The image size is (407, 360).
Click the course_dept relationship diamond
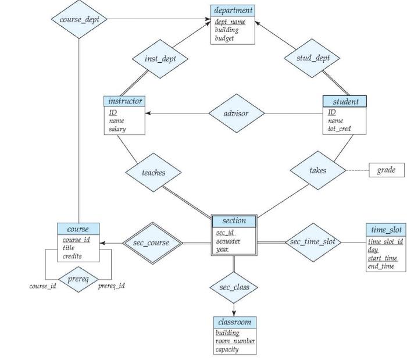coord(80,19)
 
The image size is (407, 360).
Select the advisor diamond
coord(235,113)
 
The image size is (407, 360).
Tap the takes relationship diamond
coord(317,170)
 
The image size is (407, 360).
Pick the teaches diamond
coord(153,173)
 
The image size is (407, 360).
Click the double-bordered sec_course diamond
coord(151,243)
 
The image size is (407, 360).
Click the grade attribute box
coord(386,170)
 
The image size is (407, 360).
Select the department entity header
coord(233,10)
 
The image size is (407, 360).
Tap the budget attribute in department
coord(224,38)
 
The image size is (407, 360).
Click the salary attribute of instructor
coord(117,129)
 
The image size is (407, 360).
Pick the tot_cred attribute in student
coord(340,129)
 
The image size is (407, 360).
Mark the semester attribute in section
coord(228,241)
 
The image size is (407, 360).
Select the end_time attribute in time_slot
coord(381,266)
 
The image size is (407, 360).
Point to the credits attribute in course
coord(72,256)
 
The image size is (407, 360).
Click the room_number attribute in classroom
coord(235,341)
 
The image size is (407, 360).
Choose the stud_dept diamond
coord(313,58)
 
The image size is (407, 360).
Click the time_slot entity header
coord(385,230)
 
